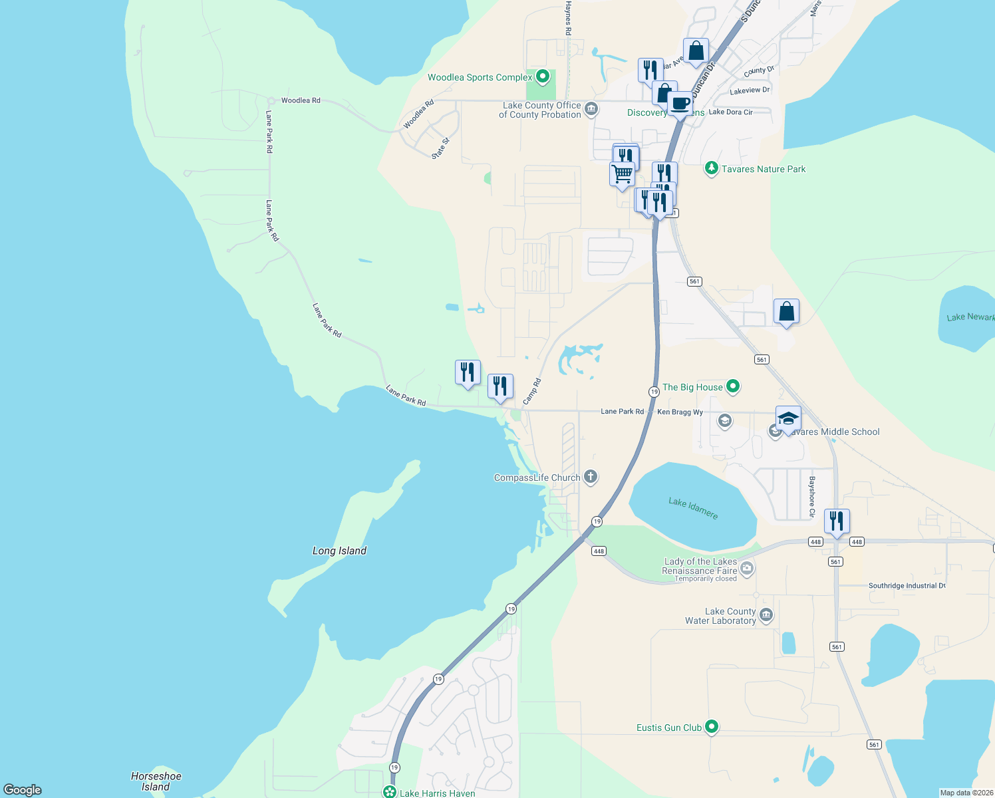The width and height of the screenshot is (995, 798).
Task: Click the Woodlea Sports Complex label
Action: pos(480,78)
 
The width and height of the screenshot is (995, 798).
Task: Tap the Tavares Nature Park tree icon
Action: pos(711,168)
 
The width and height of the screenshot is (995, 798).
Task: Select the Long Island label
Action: pos(339,551)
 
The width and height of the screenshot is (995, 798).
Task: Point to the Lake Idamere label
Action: pos(693,509)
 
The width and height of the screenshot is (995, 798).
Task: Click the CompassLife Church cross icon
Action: pos(590,477)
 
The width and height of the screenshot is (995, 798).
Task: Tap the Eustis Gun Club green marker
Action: pos(712,727)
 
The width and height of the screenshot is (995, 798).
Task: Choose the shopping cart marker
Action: pos(622,174)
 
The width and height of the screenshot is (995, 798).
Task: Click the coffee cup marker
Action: pos(680,104)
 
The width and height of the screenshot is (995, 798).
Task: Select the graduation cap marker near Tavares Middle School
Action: pos(788,418)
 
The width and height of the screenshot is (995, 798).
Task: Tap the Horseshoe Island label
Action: pos(156,781)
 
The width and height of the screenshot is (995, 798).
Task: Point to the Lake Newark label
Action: pos(970,317)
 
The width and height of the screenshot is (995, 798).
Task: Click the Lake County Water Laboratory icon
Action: pos(766,615)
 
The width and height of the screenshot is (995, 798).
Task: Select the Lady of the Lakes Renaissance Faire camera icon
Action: pos(747,567)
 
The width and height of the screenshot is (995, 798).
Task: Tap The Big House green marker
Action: pos(733,386)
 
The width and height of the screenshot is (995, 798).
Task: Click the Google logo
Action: pos(23,789)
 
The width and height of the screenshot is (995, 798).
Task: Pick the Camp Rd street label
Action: pos(532,392)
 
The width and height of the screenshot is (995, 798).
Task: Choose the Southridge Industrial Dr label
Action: pos(907,586)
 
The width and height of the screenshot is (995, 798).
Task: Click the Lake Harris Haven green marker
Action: pos(390,792)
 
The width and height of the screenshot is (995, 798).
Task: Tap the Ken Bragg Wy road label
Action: pos(680,412)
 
